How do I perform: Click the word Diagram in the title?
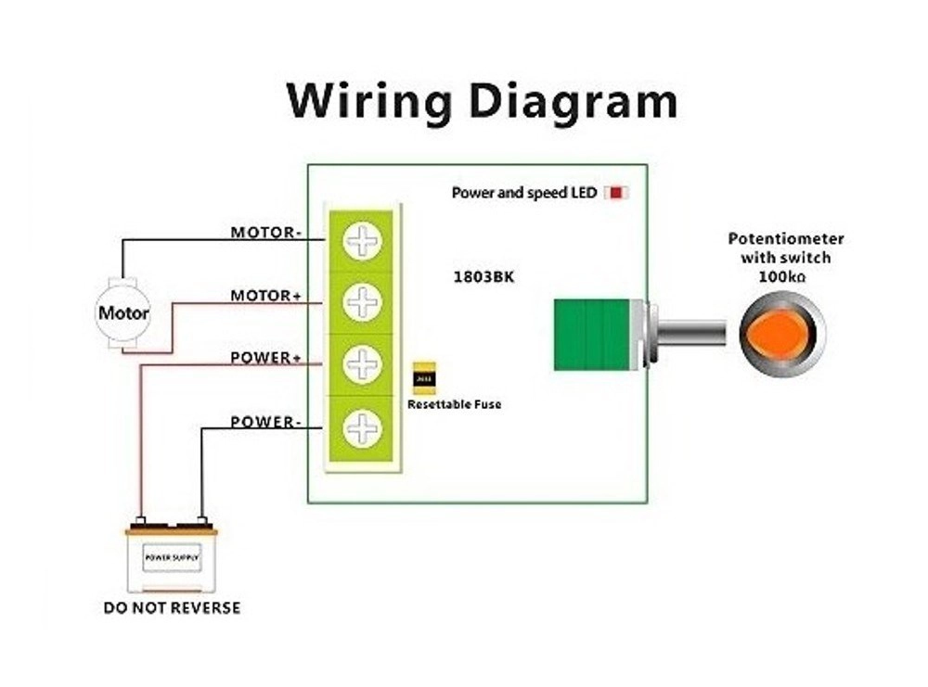567,101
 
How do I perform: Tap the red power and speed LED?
616,193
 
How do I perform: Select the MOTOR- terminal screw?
362,241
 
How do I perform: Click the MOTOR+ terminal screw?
362,301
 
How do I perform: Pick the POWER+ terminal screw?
362,363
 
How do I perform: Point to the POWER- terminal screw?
362,427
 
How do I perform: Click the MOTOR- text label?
265,232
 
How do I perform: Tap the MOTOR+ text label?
265,295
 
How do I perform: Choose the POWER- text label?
265,421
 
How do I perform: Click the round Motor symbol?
123,313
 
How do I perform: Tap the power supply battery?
171,558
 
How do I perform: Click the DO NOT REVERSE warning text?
172,608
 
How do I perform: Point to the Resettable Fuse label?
455,404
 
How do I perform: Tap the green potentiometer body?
591,335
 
